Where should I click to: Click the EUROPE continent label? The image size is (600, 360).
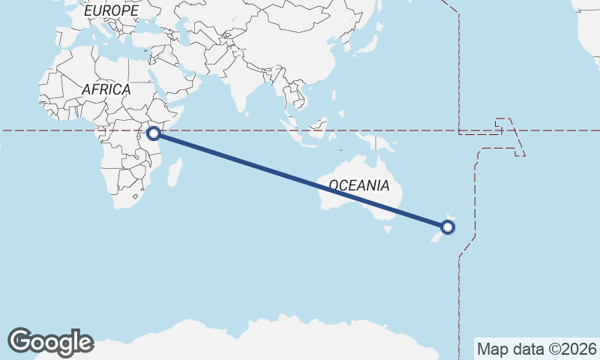pos(111,11)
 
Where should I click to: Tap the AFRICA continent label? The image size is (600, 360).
pos(106,89)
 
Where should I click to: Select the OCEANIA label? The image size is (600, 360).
pos(358,185)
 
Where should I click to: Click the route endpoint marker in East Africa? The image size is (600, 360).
pos(154,133)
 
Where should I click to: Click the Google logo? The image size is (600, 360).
pos(50,342)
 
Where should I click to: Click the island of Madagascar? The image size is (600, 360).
pos(175,170)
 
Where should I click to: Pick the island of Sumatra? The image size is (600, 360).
pos(293,131)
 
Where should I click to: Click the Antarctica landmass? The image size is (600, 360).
pos(300,341)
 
